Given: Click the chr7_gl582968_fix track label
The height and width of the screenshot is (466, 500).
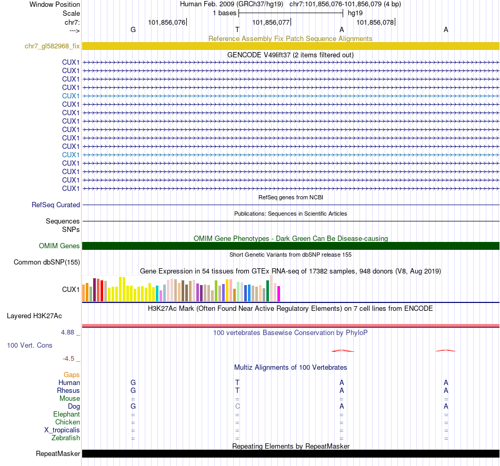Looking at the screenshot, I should pyautogui.click(x=52, y=46).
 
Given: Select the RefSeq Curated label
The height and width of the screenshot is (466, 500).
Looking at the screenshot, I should pyautogui.click(x=56, y=205).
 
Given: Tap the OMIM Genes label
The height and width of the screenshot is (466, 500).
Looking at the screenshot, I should pyautogui.click(x=59, y=246).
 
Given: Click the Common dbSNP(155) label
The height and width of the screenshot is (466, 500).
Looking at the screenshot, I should pyautogui.click(x=47, y=262).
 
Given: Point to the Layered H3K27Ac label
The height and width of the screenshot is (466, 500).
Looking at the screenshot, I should pyautogui.click(x=34, y=316).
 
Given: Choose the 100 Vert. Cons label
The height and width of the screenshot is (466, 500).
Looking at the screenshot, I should pyautogui.click(x=29, y=345).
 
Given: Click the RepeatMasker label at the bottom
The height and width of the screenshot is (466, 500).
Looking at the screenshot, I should pyautogui.click(x=58, y=454).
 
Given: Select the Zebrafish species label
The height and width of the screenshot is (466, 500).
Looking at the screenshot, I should pyautogui.click(x=66, y=438).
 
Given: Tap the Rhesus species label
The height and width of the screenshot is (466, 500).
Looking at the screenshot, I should pyautogui.click(x=68, y=391).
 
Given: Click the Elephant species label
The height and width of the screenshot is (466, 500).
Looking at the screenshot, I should pyautogui.click(x=66, y=414).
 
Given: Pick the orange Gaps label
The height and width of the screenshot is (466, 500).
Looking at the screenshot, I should pyautogui.click(x=72, y=374).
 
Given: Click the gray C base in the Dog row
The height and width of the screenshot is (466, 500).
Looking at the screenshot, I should pyautogui.click(x=237, y=407).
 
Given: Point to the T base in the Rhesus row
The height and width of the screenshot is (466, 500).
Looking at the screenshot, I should pyautogui.click(x=237, y=391).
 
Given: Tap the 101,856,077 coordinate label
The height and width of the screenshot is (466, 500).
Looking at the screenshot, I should pyautogui.click(x=271, y=23).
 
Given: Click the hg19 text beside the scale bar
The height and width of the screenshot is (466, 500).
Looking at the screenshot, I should pyautogui.click(x=355, y=13).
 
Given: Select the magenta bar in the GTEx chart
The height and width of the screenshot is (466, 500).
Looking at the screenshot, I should pyautogui.click(x=279, y=293).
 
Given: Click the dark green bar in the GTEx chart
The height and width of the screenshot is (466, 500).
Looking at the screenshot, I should pyautogui.click(x=268, y=291).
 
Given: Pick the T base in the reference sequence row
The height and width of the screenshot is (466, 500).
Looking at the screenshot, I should pyautogui.click(x=237, y=30).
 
